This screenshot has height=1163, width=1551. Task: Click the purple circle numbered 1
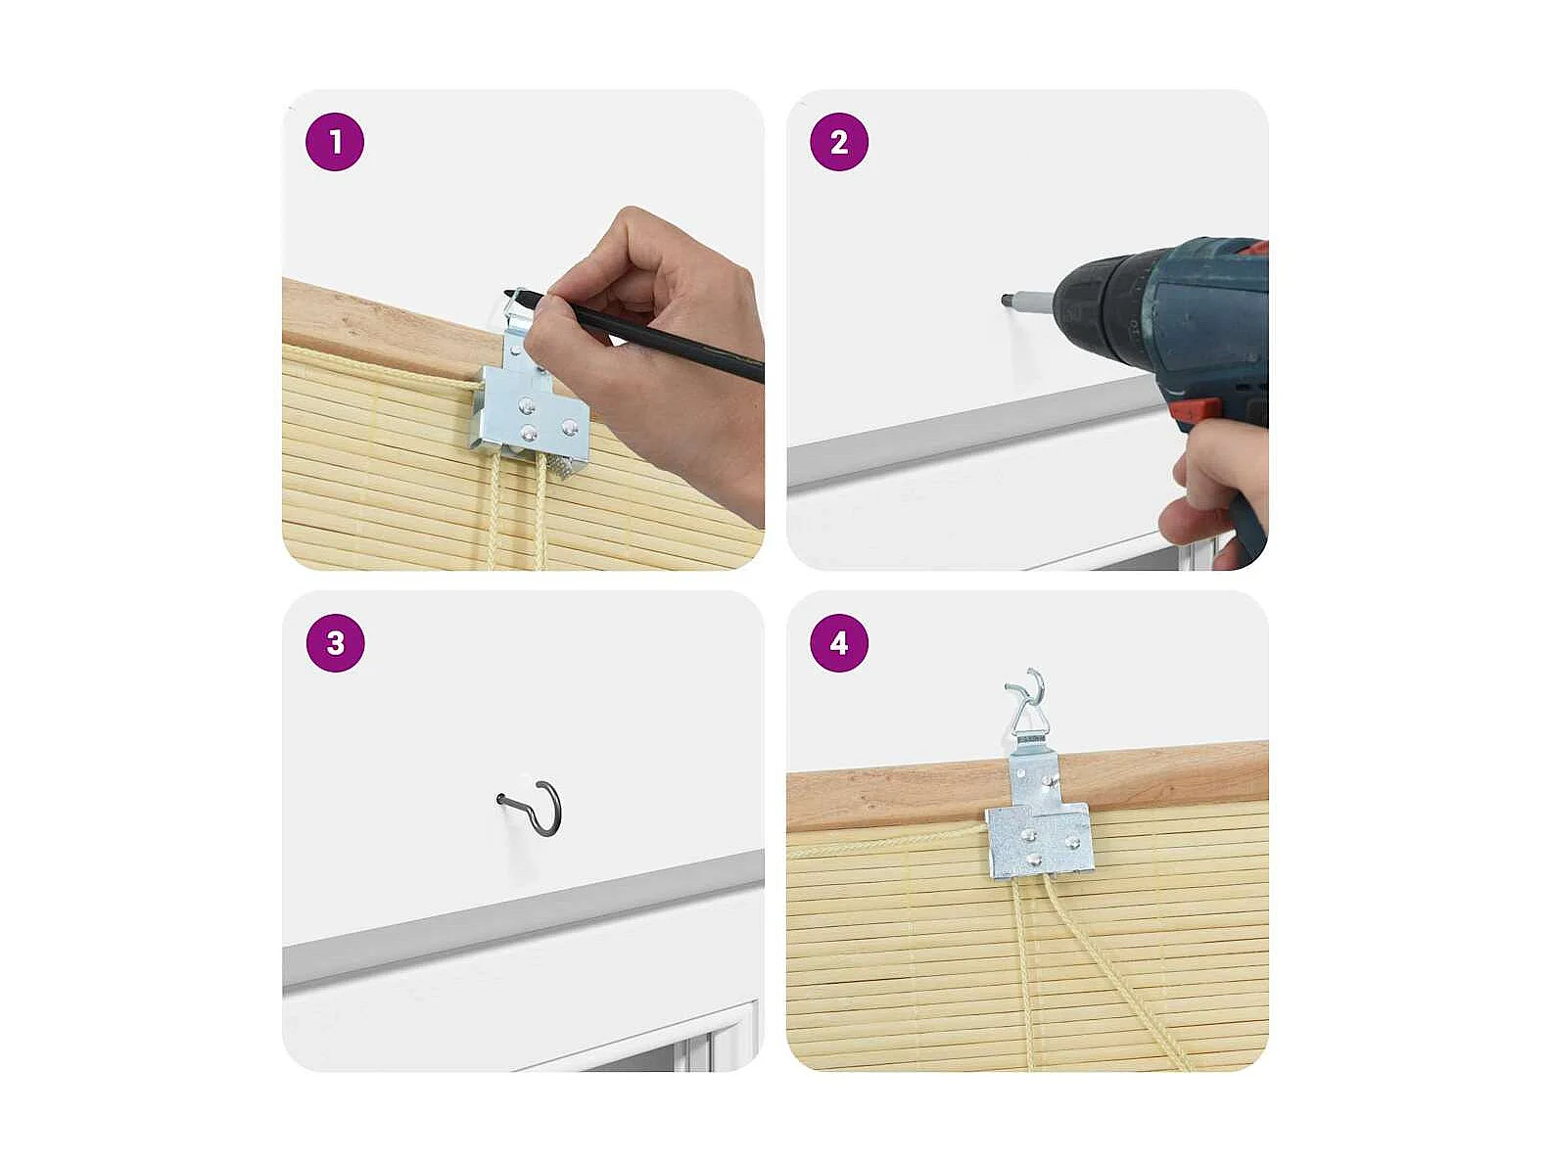(335, 142)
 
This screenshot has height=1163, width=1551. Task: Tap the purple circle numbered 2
(839, 142)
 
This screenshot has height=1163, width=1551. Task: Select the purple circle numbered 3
(335, 643)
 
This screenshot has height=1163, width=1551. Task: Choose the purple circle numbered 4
(839, 643)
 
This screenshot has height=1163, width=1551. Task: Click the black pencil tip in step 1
(506, 293)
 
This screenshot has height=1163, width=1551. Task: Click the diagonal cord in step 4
(1115, 973)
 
